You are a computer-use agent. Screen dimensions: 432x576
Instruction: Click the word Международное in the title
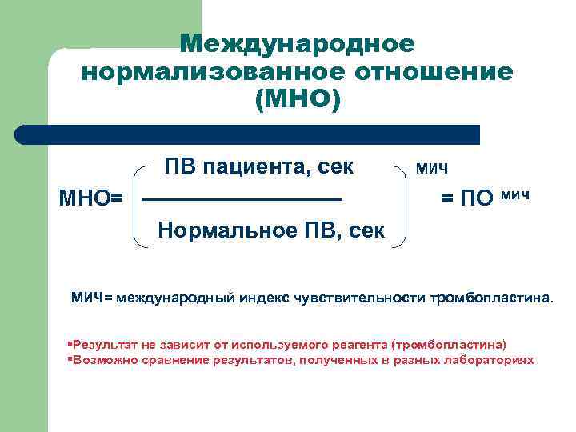[297, 43]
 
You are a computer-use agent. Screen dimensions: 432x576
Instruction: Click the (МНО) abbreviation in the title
[297, 101]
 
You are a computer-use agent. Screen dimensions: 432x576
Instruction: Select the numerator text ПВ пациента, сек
[258, 167]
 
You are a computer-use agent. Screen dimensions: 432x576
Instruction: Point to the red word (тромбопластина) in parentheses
[449, 345]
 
